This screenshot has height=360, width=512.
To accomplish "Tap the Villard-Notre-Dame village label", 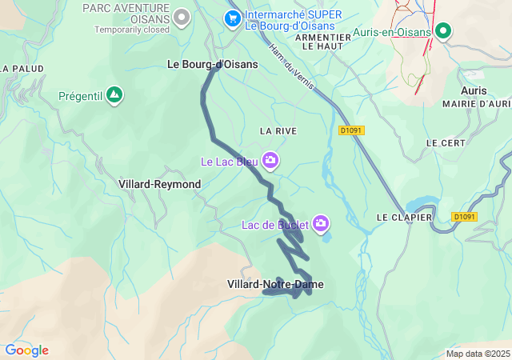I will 275,284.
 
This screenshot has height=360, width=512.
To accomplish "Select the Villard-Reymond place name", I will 159,184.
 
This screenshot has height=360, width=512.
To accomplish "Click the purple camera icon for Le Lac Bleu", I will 270,161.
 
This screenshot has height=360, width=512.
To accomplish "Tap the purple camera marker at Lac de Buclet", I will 321,223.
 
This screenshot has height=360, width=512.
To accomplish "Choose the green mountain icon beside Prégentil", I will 115,95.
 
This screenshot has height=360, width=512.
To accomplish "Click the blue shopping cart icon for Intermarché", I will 233,17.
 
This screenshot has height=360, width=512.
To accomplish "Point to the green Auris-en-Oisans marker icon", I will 442,32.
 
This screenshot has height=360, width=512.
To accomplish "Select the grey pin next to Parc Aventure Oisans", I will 182,15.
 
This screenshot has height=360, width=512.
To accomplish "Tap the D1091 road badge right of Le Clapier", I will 463,217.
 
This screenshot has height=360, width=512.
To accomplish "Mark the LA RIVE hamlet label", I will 278,130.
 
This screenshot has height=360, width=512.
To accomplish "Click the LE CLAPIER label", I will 404,218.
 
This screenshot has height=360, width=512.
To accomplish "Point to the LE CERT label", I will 446,142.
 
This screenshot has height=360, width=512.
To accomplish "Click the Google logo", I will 26,350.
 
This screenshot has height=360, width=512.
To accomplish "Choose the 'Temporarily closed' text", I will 132,30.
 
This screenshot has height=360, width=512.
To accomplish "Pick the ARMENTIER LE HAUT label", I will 323,42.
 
